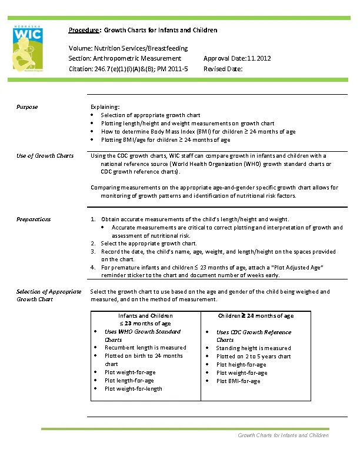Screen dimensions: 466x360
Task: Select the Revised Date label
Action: [x=223, y=69]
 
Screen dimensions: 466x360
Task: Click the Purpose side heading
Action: [x=27, y=106]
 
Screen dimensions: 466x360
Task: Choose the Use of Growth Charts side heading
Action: [x=45, y=155]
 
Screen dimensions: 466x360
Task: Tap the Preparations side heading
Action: [x=34, y=219]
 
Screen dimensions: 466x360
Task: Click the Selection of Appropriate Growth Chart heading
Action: [x=49, y=295]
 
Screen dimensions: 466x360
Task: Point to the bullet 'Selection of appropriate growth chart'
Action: [x=150, y=115]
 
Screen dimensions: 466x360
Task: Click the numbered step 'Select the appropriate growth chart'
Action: [x=149, y=243]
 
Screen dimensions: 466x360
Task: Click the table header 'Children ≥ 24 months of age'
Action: [x=256, y=316]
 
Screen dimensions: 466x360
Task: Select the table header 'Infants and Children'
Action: [x=145, y=316]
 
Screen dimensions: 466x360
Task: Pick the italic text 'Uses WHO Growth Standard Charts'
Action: [x=142, y=335]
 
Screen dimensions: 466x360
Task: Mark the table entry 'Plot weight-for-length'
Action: [x=133, y=388]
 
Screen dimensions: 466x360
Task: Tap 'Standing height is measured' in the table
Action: [x=254, y=348]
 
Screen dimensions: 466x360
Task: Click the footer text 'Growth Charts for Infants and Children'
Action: [x=283, y=435]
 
